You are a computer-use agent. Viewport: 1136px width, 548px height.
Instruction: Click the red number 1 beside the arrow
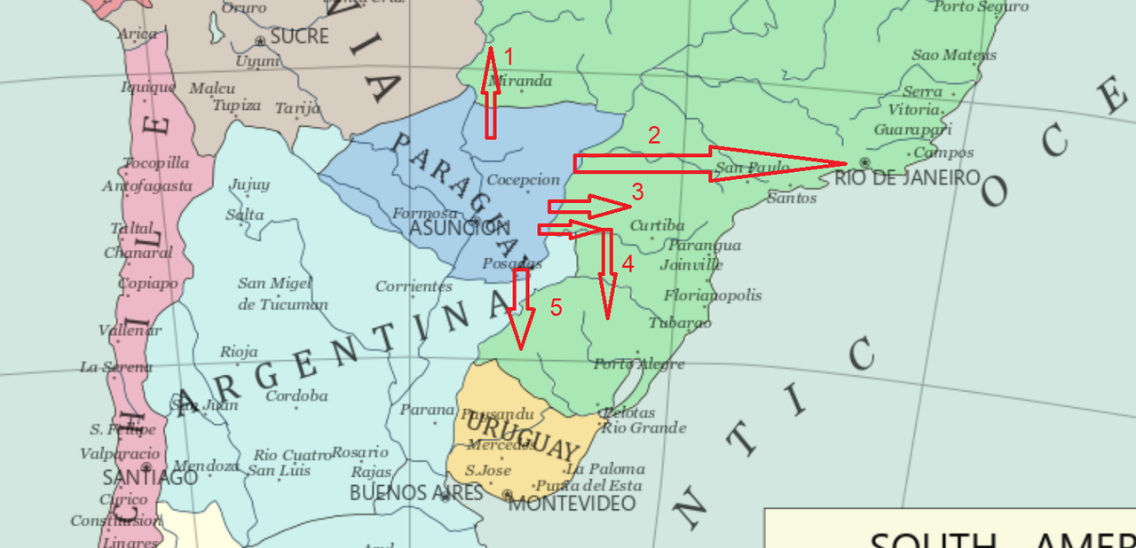click(509, 58)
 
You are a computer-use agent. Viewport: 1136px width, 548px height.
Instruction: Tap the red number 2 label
click(654, 136)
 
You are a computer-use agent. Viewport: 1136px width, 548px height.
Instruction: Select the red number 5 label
click(556, 308)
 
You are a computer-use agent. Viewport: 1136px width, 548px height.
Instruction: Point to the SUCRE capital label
click(299, 37)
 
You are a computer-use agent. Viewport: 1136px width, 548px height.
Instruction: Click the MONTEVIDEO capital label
click(572, 504)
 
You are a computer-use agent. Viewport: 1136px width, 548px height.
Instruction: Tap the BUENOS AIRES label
click(415, 493)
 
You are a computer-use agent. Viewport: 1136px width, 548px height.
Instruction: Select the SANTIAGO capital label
click(149, 477)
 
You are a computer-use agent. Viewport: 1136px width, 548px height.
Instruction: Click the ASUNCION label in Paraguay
click(459, 228)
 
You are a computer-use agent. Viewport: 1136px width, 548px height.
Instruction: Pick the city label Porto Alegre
click(639, 364)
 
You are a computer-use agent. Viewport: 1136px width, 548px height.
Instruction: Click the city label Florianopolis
click(713, 295)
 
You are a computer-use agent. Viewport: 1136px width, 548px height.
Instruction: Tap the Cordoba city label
click(296, 395)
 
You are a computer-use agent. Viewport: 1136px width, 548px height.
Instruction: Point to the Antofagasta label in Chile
click(147, 186)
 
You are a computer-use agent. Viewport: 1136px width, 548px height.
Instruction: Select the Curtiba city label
click(657, 226)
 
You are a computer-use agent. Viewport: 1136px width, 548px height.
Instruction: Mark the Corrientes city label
click(414, 286)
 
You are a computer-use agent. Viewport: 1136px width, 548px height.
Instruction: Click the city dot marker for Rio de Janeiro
click(864, 162)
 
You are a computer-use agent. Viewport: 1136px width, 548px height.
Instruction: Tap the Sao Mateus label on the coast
click(954, 55)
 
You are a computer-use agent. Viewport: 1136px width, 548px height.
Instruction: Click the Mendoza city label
click(206, 466)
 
